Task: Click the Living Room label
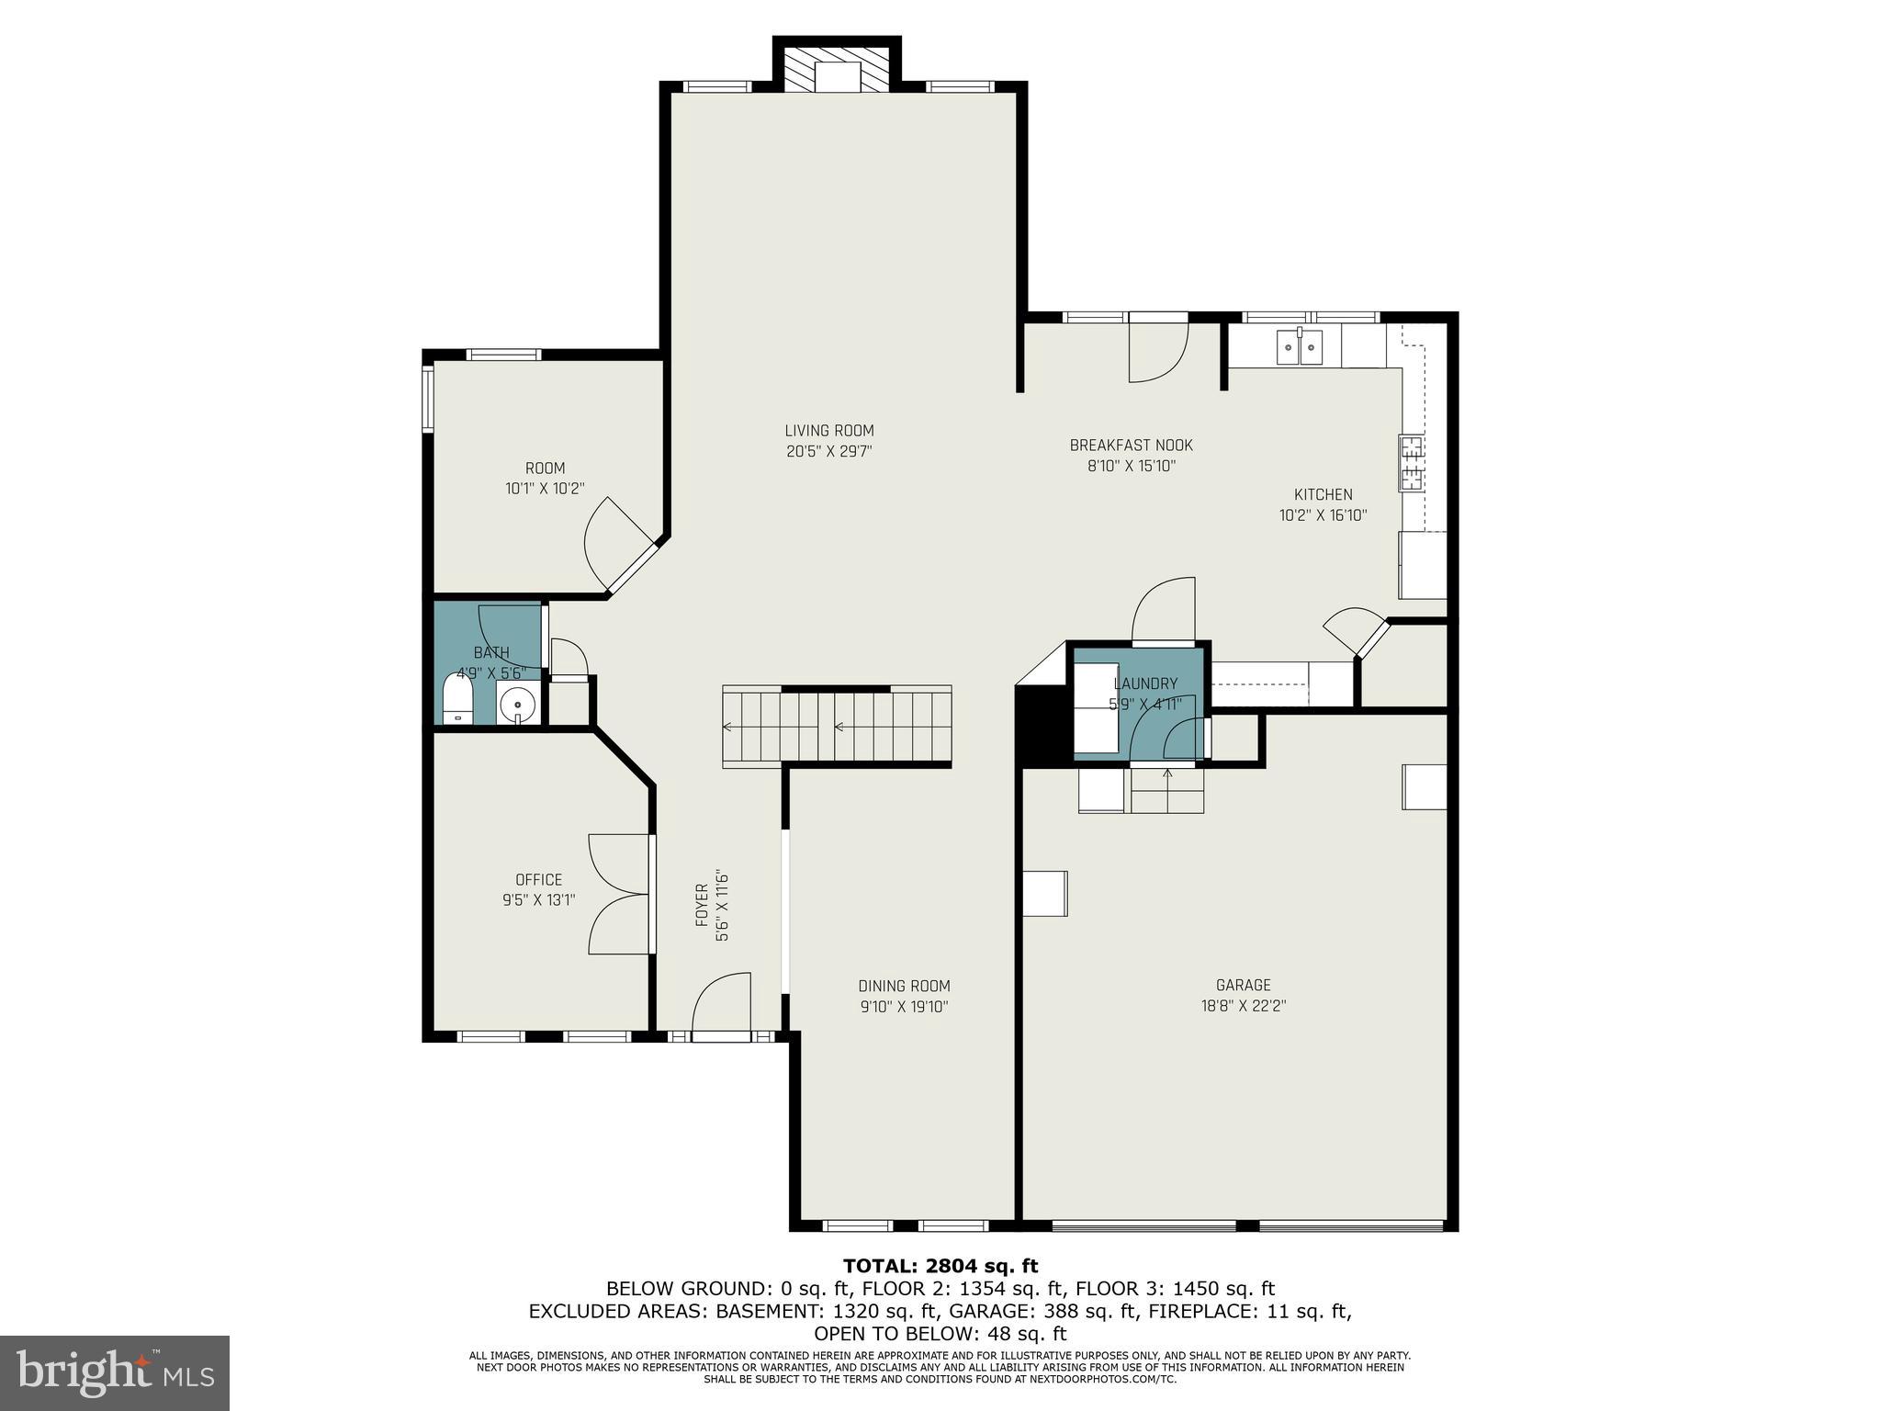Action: click(828, 431)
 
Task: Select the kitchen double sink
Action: click(1299, 346)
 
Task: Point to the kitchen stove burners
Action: click(1410, 463)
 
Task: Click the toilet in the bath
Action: click(457, 698)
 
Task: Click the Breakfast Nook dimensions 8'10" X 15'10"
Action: click(1132, 466)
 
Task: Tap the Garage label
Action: click(1243, 985)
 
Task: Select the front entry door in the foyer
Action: click(721, 1010)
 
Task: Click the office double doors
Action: click(621, 894)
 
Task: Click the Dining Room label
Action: click(904, 986)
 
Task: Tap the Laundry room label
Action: click(1144, 683)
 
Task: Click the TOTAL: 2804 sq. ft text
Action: click(940, 1266)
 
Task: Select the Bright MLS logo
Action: click(115, 1372)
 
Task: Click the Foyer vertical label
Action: click(702, 905)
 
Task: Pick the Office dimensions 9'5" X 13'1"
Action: click(538, 900)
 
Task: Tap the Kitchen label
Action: click(1323, 494)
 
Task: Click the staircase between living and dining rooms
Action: click(836, 726)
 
